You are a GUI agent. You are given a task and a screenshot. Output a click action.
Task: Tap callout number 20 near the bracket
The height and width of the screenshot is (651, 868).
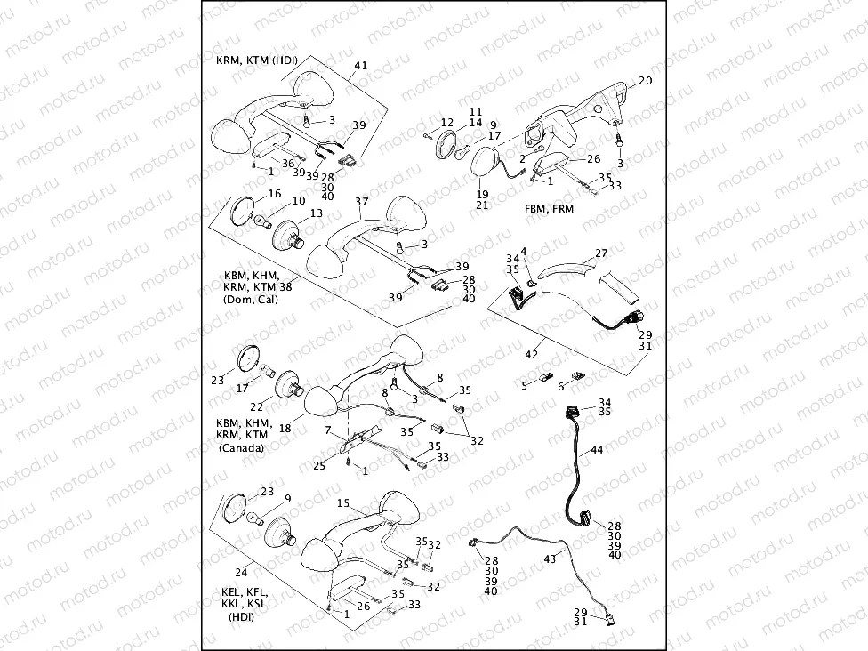645,81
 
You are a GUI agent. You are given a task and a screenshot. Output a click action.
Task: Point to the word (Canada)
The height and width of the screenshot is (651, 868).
241,448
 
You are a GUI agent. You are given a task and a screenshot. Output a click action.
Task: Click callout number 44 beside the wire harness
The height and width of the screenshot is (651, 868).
596,451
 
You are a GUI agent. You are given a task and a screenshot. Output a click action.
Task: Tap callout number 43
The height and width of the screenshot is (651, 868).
549,558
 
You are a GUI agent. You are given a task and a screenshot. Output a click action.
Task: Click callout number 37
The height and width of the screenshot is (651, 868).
361,202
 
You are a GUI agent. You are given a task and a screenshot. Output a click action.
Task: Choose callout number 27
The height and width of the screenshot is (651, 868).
601,253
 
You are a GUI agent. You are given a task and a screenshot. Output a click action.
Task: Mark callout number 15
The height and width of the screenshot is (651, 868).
342,503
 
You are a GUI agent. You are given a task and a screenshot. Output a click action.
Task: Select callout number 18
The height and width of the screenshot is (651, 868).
285,428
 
